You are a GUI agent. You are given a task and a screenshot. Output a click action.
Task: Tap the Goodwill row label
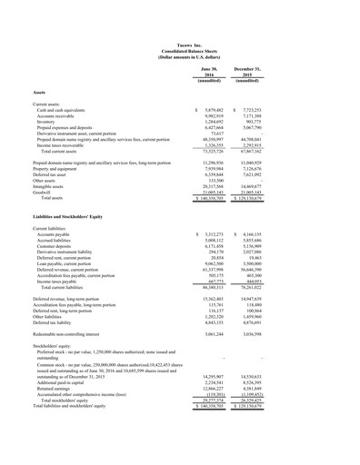[x=45, y=192]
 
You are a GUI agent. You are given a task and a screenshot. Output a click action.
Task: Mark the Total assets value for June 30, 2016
[x=210, y=198]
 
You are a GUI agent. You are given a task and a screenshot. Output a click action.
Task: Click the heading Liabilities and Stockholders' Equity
[x=73, y=217]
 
